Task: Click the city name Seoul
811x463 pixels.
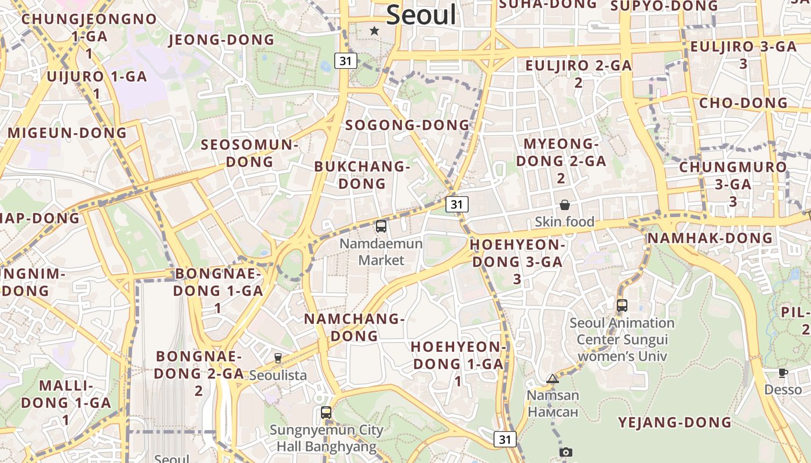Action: (421, 14)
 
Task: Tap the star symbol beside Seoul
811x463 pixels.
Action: (375, 31)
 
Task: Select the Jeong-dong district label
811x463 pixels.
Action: (221, 40)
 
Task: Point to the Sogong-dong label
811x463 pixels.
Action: (407, 125)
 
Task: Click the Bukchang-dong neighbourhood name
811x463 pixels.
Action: (362, 175)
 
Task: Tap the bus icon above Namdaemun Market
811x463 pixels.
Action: (381, 226)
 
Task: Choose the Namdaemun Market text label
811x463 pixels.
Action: (381, 252)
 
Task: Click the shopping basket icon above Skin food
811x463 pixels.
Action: (565, 205)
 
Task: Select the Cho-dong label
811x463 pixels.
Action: (744, 103)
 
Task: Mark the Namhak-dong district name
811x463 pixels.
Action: (710, 238)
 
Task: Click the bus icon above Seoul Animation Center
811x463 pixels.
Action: (622, 305)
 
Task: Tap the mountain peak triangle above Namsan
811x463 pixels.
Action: (553, 379)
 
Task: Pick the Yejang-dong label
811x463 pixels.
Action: (675, 422)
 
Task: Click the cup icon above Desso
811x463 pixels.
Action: (783, 373)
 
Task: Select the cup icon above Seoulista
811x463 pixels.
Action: (278, 358)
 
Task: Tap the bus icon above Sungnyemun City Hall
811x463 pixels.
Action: (326, 413)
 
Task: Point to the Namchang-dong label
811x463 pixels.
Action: (354, 327)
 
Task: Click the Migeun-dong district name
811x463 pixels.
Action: (67, 133)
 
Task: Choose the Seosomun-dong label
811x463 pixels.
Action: (249, 153)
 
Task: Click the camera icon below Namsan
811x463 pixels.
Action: (566, 452)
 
